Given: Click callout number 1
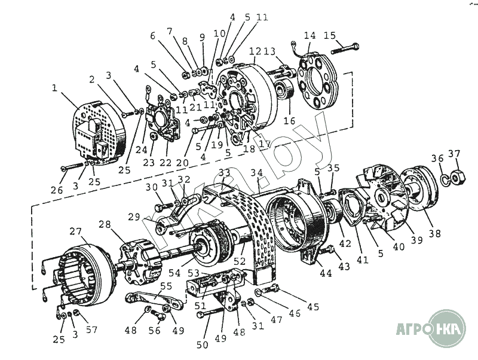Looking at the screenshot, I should [55, 88].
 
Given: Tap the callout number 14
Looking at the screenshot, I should [310, 35].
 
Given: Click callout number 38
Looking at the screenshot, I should [435, 234].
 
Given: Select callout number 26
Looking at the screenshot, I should [56, 190].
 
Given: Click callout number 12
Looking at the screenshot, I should [255, 51].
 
